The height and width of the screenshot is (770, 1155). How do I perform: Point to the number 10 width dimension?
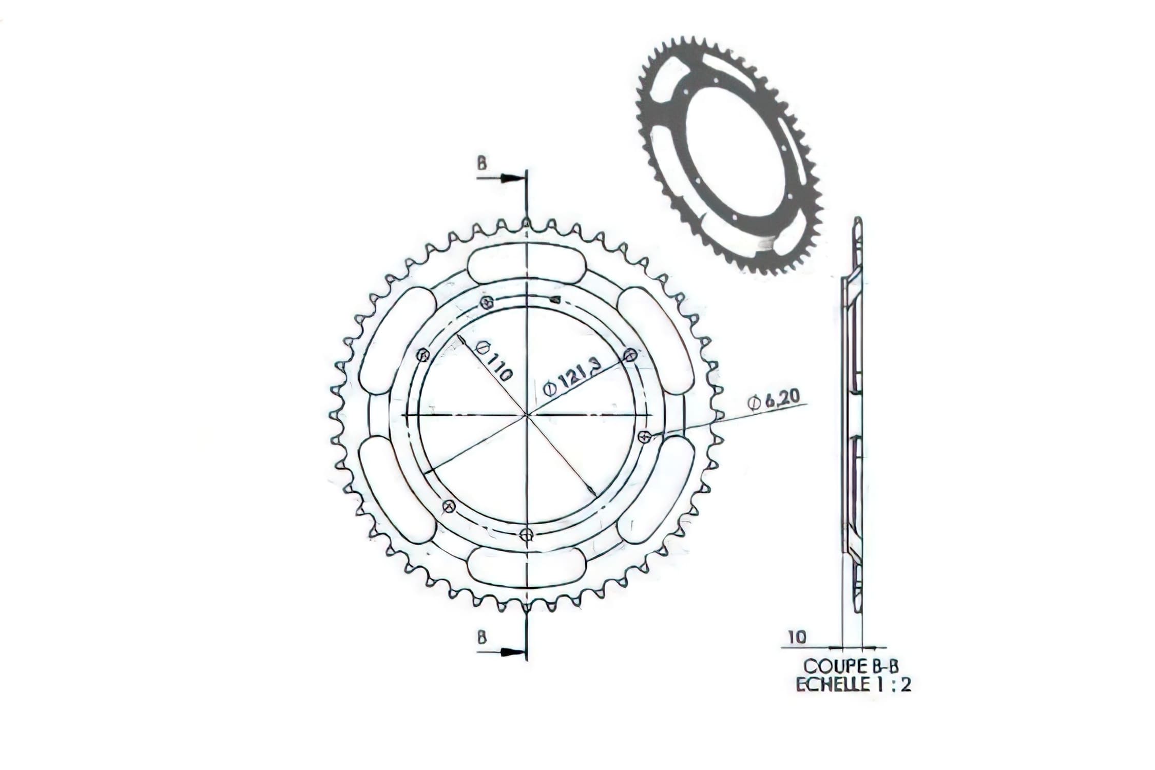[797, 638]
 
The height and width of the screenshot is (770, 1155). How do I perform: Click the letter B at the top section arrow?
[482, 164]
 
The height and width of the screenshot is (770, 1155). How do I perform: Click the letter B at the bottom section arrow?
[482, 638]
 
